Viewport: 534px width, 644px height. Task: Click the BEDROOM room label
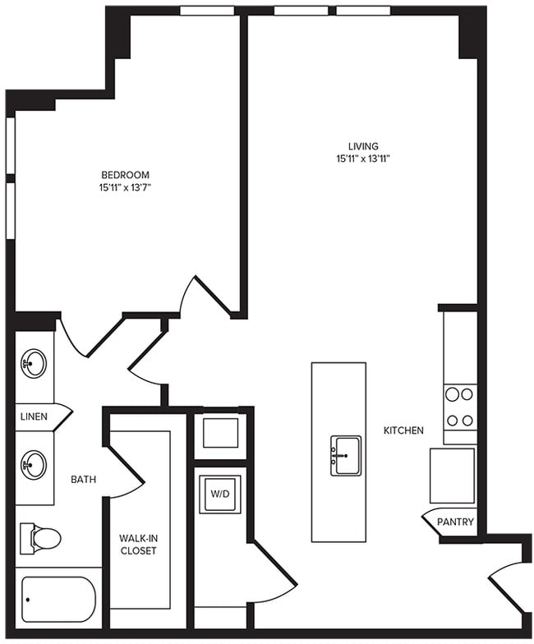[x=125, y=174]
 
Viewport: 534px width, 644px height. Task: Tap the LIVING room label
[x=362, y=146]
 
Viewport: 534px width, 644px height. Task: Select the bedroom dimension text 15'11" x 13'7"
[x=125, y=188]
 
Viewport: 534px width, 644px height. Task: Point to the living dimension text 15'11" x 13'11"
[x=362, y=159]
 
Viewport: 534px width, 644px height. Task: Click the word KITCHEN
[x=403, y=430]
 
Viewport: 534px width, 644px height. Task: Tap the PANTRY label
[x=455, y=522]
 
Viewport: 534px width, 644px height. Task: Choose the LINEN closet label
[x=34, y=416]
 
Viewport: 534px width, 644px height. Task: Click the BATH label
[x=83, y=479]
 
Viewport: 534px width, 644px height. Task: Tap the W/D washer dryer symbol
[x=219, y=494]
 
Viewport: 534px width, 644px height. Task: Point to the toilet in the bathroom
[x=40, y=538]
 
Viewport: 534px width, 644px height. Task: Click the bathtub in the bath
[x=58, y=599]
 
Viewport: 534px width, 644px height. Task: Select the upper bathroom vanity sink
[x=34, y=363]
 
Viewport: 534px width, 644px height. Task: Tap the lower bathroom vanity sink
[x=34, y=466]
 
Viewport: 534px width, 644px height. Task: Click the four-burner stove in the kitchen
[x=459, y=407]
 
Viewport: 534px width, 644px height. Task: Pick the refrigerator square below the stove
[x=452, y=476]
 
